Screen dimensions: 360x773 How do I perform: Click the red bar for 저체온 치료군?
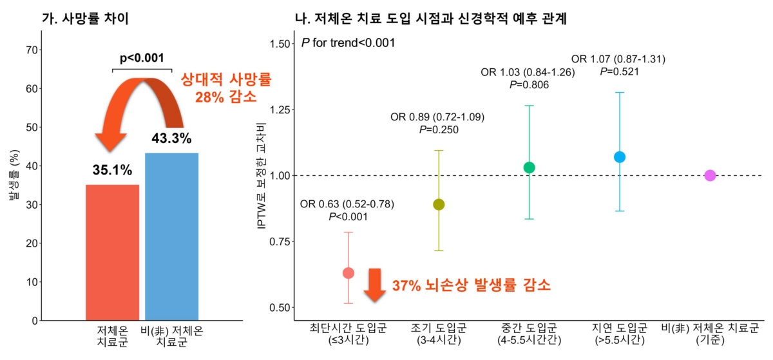click(x=112, y=252)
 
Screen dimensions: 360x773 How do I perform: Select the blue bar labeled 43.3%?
click(x=171, y=236)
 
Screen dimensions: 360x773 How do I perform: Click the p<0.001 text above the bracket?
click(x=142, y=57)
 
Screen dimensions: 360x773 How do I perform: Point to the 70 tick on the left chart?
click(x=28, y=50)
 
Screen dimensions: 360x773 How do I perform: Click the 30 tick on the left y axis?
click(x=28, y=205)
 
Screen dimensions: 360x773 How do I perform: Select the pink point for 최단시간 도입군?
click(x=348, y=273)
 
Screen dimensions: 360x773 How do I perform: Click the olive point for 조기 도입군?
click(x=439, y=205)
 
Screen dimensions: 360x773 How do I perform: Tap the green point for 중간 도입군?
click(x=530, y=167)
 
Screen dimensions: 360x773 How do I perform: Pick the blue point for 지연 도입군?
click(x=620, y=157)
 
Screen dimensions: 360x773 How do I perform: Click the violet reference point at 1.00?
click(x=710, y=175)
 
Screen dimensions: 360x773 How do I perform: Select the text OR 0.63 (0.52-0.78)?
click(x=347, y=205)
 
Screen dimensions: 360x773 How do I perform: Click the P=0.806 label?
click(x=528, y=84)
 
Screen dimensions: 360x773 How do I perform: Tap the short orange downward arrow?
click(x=374, y=285)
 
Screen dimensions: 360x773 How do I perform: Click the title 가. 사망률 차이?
click(x=86, y=19)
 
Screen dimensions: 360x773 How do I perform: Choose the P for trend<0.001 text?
click(x=348, y=43)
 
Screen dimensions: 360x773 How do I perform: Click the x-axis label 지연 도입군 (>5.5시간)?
click(x=619, y=334)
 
